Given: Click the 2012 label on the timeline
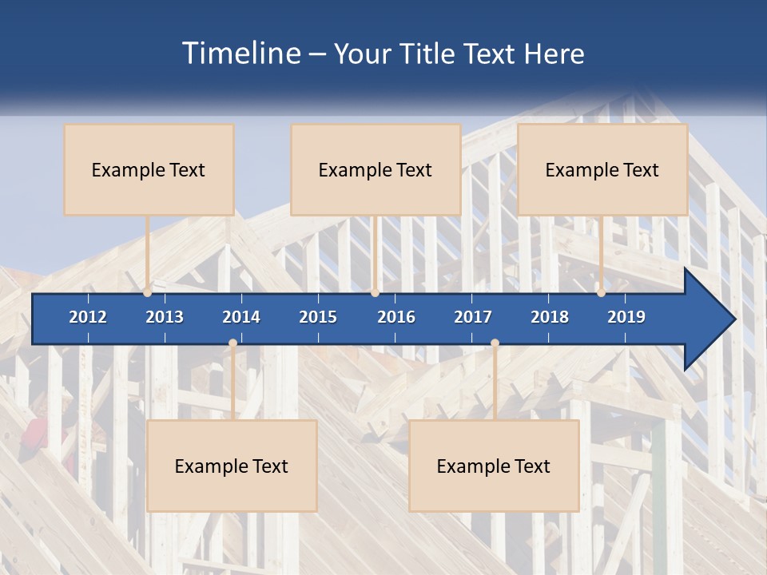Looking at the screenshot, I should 88,317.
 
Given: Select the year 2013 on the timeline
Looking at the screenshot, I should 165,317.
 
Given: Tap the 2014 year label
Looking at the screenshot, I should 241,317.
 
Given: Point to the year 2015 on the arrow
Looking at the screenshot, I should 318,317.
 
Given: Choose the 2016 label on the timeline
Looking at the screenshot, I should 396,317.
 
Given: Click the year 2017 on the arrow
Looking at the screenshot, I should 473,317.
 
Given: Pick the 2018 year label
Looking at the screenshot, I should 550,317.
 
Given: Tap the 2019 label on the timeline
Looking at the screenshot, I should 626,317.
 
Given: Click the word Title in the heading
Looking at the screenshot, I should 429,54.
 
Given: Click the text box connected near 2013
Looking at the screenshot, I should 149,169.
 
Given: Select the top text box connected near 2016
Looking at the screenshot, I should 376,169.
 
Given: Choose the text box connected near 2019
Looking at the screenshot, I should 602,169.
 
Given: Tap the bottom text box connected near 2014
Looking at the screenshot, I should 232,466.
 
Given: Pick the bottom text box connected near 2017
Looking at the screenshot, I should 494,466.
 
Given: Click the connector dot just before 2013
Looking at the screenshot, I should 148,293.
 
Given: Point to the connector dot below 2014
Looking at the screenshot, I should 232,343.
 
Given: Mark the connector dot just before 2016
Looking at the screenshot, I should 375,293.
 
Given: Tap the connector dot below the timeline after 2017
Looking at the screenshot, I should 495,343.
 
